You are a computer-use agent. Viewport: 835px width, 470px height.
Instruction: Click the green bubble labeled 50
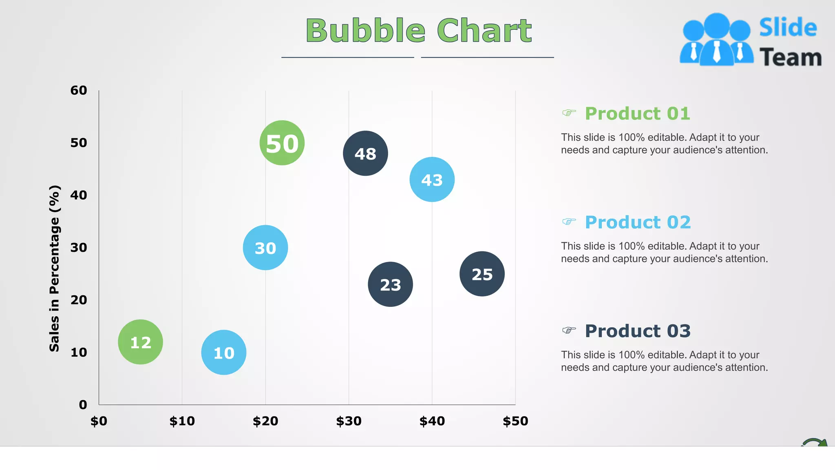(x=282, y=143)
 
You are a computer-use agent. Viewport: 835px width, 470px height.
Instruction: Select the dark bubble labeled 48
(x=365, y=153)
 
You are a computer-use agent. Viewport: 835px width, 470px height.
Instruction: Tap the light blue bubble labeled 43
(x=432, y=180)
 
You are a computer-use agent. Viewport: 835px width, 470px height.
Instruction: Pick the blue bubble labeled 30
(x=265, y=248)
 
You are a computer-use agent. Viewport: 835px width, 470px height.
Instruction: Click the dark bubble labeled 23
(x=390, y=284)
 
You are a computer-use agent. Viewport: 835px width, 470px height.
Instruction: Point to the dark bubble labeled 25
(x=482, y=274)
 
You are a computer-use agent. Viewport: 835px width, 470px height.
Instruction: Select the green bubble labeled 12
(x=140, y=342)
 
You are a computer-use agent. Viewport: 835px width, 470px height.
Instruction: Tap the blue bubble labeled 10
(x=224, y=352)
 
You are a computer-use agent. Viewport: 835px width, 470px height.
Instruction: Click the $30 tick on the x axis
(x=349, y=421)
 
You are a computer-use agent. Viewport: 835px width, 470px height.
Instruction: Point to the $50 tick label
(x=515, y=421)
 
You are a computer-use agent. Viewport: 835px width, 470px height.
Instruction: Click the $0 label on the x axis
(x=99, y=421)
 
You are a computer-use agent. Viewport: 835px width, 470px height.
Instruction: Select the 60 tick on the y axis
(x=79, y=90)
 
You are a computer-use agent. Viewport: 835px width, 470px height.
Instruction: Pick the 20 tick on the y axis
(x=79, y=300)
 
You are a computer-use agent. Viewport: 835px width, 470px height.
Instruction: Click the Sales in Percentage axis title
(x=55, y=268)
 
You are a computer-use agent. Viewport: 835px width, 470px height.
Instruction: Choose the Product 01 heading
(x=637, y=113)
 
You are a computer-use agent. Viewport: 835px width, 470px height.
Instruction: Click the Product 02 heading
(x=638, y=222)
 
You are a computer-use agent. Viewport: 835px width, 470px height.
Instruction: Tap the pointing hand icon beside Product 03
(x=569, y=330)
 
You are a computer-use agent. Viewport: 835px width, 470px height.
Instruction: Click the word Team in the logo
(x=790, y=57)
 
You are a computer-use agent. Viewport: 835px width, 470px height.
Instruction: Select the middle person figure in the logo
(x=717, y=41)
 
